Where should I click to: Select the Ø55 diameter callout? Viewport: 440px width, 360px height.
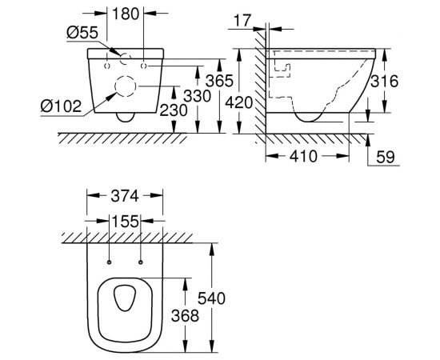pos(82,32)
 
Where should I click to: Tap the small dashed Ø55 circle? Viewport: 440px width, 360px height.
pos(124,57)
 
